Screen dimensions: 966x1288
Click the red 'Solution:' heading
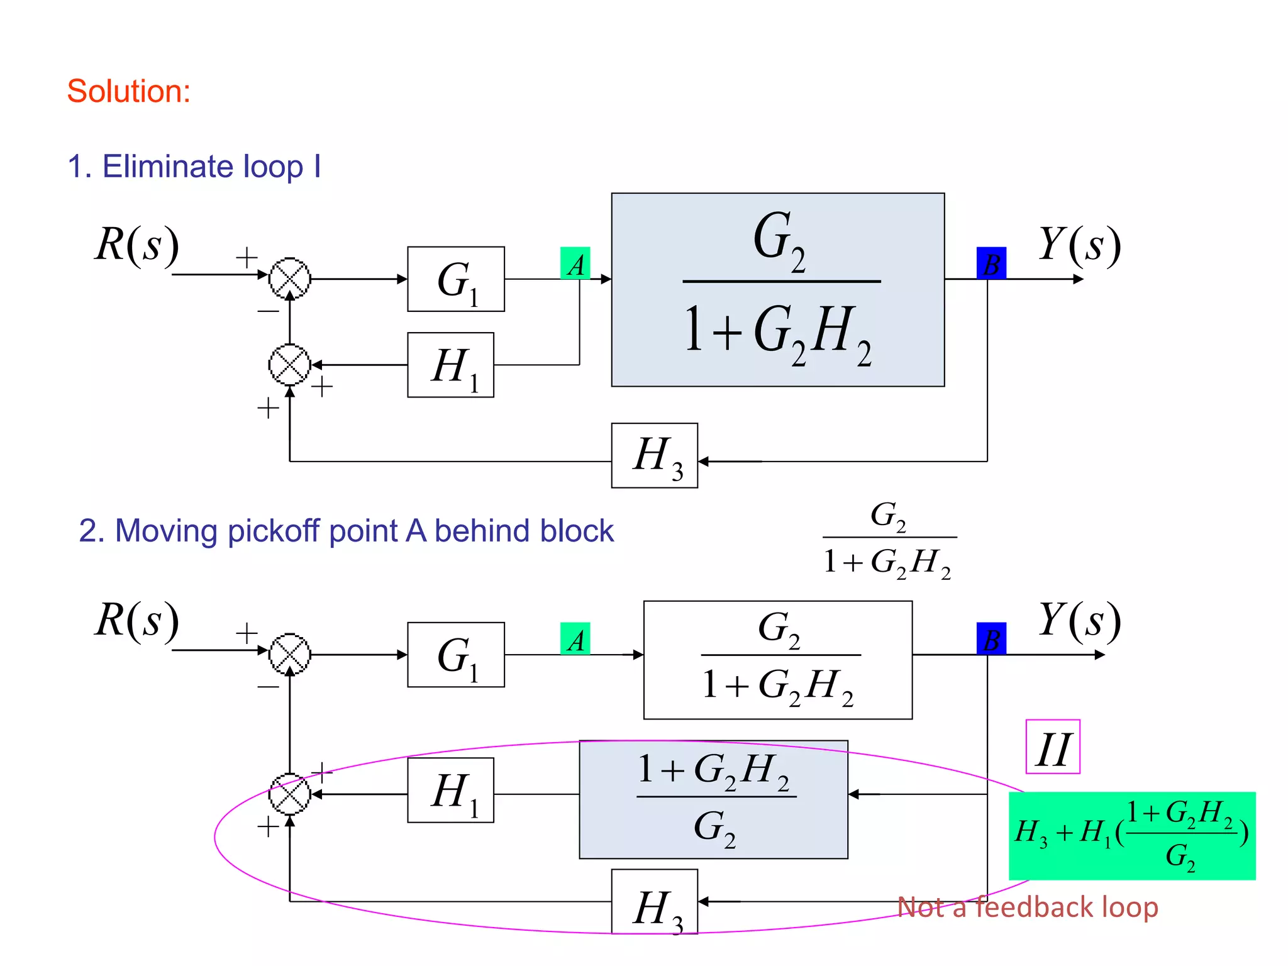pos(129,91)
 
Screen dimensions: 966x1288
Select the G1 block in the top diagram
pos(456,279)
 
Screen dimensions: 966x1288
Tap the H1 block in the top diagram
pos(450,365)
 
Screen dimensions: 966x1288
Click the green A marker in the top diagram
pos(575,264)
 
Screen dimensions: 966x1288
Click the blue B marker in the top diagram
pos(991,264)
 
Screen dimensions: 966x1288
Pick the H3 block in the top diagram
pos(655,456)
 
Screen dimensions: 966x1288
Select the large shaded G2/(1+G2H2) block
pos(778,290)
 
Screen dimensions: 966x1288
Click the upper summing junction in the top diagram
pos(290,279)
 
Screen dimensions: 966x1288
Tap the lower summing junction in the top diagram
pos(290,365)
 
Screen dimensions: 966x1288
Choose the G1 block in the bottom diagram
pos(456,655)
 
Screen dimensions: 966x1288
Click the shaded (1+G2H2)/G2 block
pos(713,799)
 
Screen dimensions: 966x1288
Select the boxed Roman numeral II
pos(1053,747)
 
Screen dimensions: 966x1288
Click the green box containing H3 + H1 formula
pos(1132,836)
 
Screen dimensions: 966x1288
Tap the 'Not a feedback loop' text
pos(1027,908)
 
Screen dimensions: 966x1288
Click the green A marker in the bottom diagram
pos(575,639)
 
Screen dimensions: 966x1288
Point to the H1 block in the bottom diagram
pos(450,791)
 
